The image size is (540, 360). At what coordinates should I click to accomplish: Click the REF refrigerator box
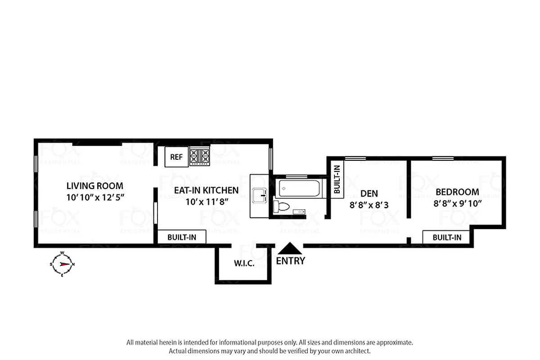pos(176,157)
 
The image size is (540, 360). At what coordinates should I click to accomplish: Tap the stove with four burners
pos(200,156)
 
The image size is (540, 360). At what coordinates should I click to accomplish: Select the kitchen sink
pos(260,196)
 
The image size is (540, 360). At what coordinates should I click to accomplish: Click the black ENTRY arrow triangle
pos(290,248)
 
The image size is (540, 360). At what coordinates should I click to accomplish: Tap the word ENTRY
pos(290,261)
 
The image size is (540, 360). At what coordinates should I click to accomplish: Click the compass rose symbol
pos(62,264)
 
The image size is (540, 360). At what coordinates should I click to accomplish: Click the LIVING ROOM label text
pos(94,185)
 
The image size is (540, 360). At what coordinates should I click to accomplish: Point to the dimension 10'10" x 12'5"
pos(94,197)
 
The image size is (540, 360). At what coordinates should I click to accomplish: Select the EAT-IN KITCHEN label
pos(207,190)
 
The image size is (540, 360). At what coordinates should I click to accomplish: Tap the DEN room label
pos(369,193)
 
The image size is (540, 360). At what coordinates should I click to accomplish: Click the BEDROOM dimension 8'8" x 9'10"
pos(458,203)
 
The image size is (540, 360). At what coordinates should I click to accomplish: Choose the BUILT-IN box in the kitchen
pos(182,237)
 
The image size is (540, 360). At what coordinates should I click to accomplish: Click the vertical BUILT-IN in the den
pos(337,179)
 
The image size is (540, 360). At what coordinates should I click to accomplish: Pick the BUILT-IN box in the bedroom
pos(447,237)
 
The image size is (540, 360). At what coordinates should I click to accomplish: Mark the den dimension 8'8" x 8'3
pos(369,205)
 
